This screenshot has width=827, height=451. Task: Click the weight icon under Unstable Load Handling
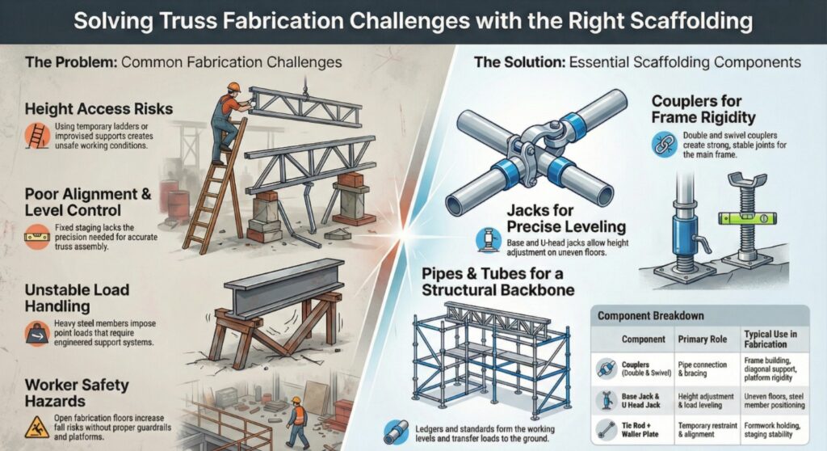[36, 332]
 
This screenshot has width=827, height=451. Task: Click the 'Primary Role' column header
[703, 340]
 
